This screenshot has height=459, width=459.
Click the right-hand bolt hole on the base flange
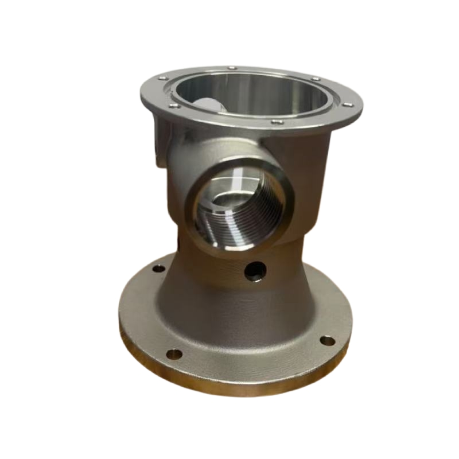point(327,340)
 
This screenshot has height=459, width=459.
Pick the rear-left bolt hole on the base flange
point(155,267)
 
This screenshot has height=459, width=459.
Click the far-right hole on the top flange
point(348,104)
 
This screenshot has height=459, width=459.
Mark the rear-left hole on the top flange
point(163,78)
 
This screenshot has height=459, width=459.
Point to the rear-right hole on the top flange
point(315,79)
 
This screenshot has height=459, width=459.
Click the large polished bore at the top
point(252,92)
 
